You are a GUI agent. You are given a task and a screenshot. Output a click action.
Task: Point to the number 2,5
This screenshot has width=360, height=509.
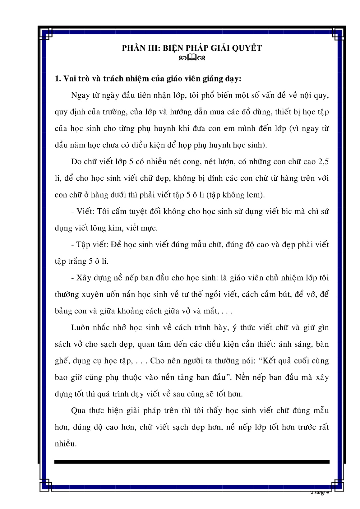[x=322, y=162]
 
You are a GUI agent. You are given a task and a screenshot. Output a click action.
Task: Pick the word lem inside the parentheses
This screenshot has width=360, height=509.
[x=255, y=195]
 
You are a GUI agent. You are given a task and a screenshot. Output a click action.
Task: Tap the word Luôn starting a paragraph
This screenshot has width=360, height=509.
[x=80, y=328]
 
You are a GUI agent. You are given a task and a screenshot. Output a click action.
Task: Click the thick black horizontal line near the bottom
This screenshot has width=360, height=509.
[x=192, y=462]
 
